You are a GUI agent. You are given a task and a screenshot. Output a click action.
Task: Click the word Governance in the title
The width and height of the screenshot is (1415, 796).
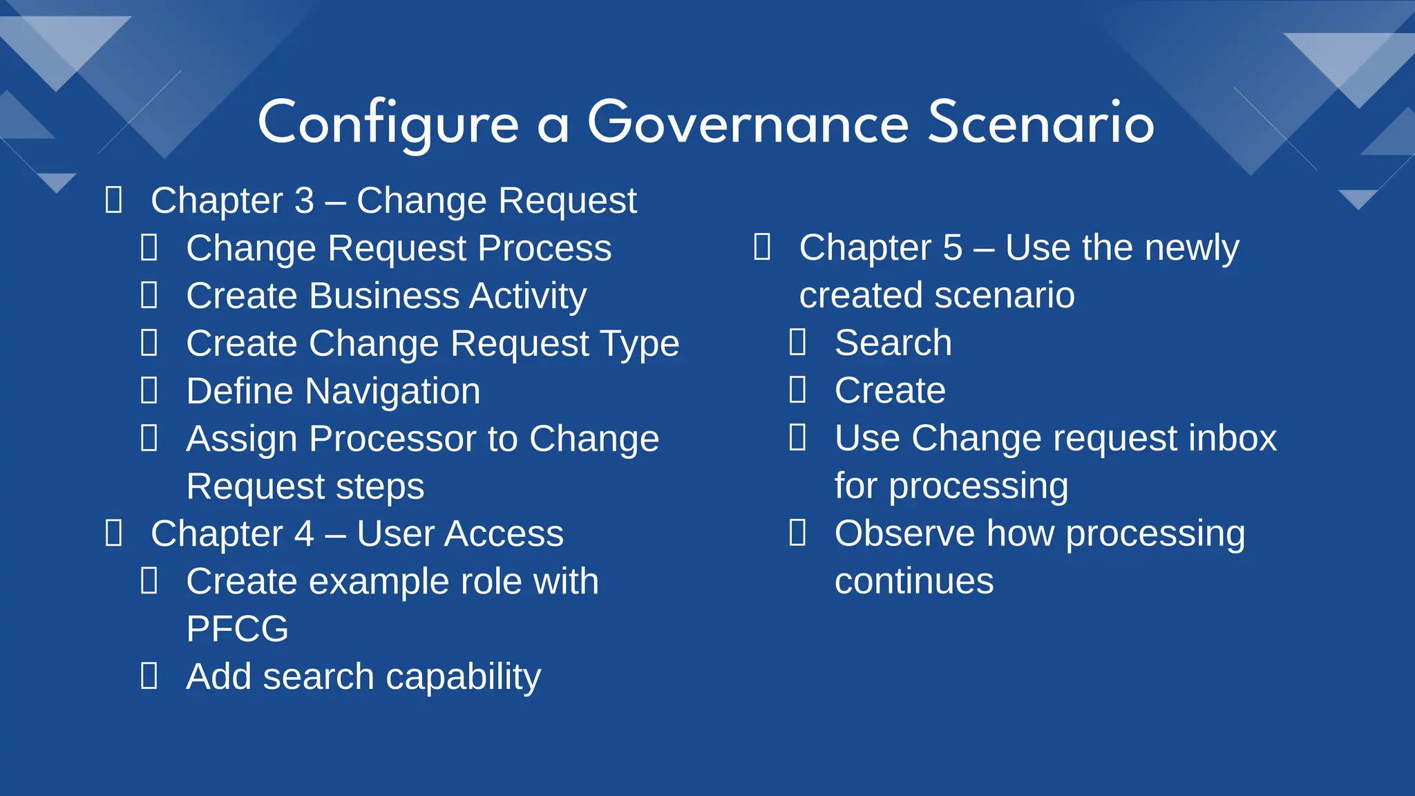click(x=748, y=122)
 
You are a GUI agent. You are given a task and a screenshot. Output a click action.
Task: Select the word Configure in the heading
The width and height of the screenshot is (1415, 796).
click(x=388, y=122)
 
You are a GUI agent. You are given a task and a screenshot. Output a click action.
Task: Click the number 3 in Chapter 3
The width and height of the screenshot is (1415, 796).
click(x=304, y=200)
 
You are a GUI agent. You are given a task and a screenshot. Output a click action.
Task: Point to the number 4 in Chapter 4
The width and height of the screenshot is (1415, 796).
click(x=304, y=533)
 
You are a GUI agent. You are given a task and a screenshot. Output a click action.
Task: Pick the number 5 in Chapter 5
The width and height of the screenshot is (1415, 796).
click(x=952, y=247)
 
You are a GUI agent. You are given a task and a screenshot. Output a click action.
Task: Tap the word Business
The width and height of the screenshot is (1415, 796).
click(x=384, y=296)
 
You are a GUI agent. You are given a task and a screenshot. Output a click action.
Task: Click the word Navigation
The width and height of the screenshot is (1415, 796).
click(x=392, y=391)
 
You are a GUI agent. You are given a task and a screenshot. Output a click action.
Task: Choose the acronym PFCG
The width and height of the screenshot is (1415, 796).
click(x=237, y=629)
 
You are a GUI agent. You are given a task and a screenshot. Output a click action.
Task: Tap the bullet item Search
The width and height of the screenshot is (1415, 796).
click(x=893, y=343)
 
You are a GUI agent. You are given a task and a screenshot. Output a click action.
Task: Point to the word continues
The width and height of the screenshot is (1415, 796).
click(x=913, y=581)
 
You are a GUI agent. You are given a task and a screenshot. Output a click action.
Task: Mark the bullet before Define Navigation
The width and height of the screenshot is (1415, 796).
click(x=149, y=390)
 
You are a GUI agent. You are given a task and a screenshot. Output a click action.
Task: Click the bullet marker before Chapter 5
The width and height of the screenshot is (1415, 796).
click(x=762, y=247)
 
